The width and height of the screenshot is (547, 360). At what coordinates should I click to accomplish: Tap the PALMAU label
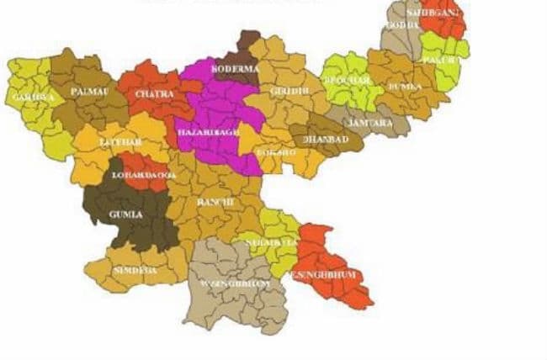(88, 90)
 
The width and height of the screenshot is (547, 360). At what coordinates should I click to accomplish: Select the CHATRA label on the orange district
(154, 94)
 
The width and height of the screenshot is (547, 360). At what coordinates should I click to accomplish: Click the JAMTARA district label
(365, 123)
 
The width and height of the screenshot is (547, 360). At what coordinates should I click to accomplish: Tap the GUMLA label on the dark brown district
(125, 214)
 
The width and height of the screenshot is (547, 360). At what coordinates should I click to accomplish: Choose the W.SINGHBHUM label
(238, 283)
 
